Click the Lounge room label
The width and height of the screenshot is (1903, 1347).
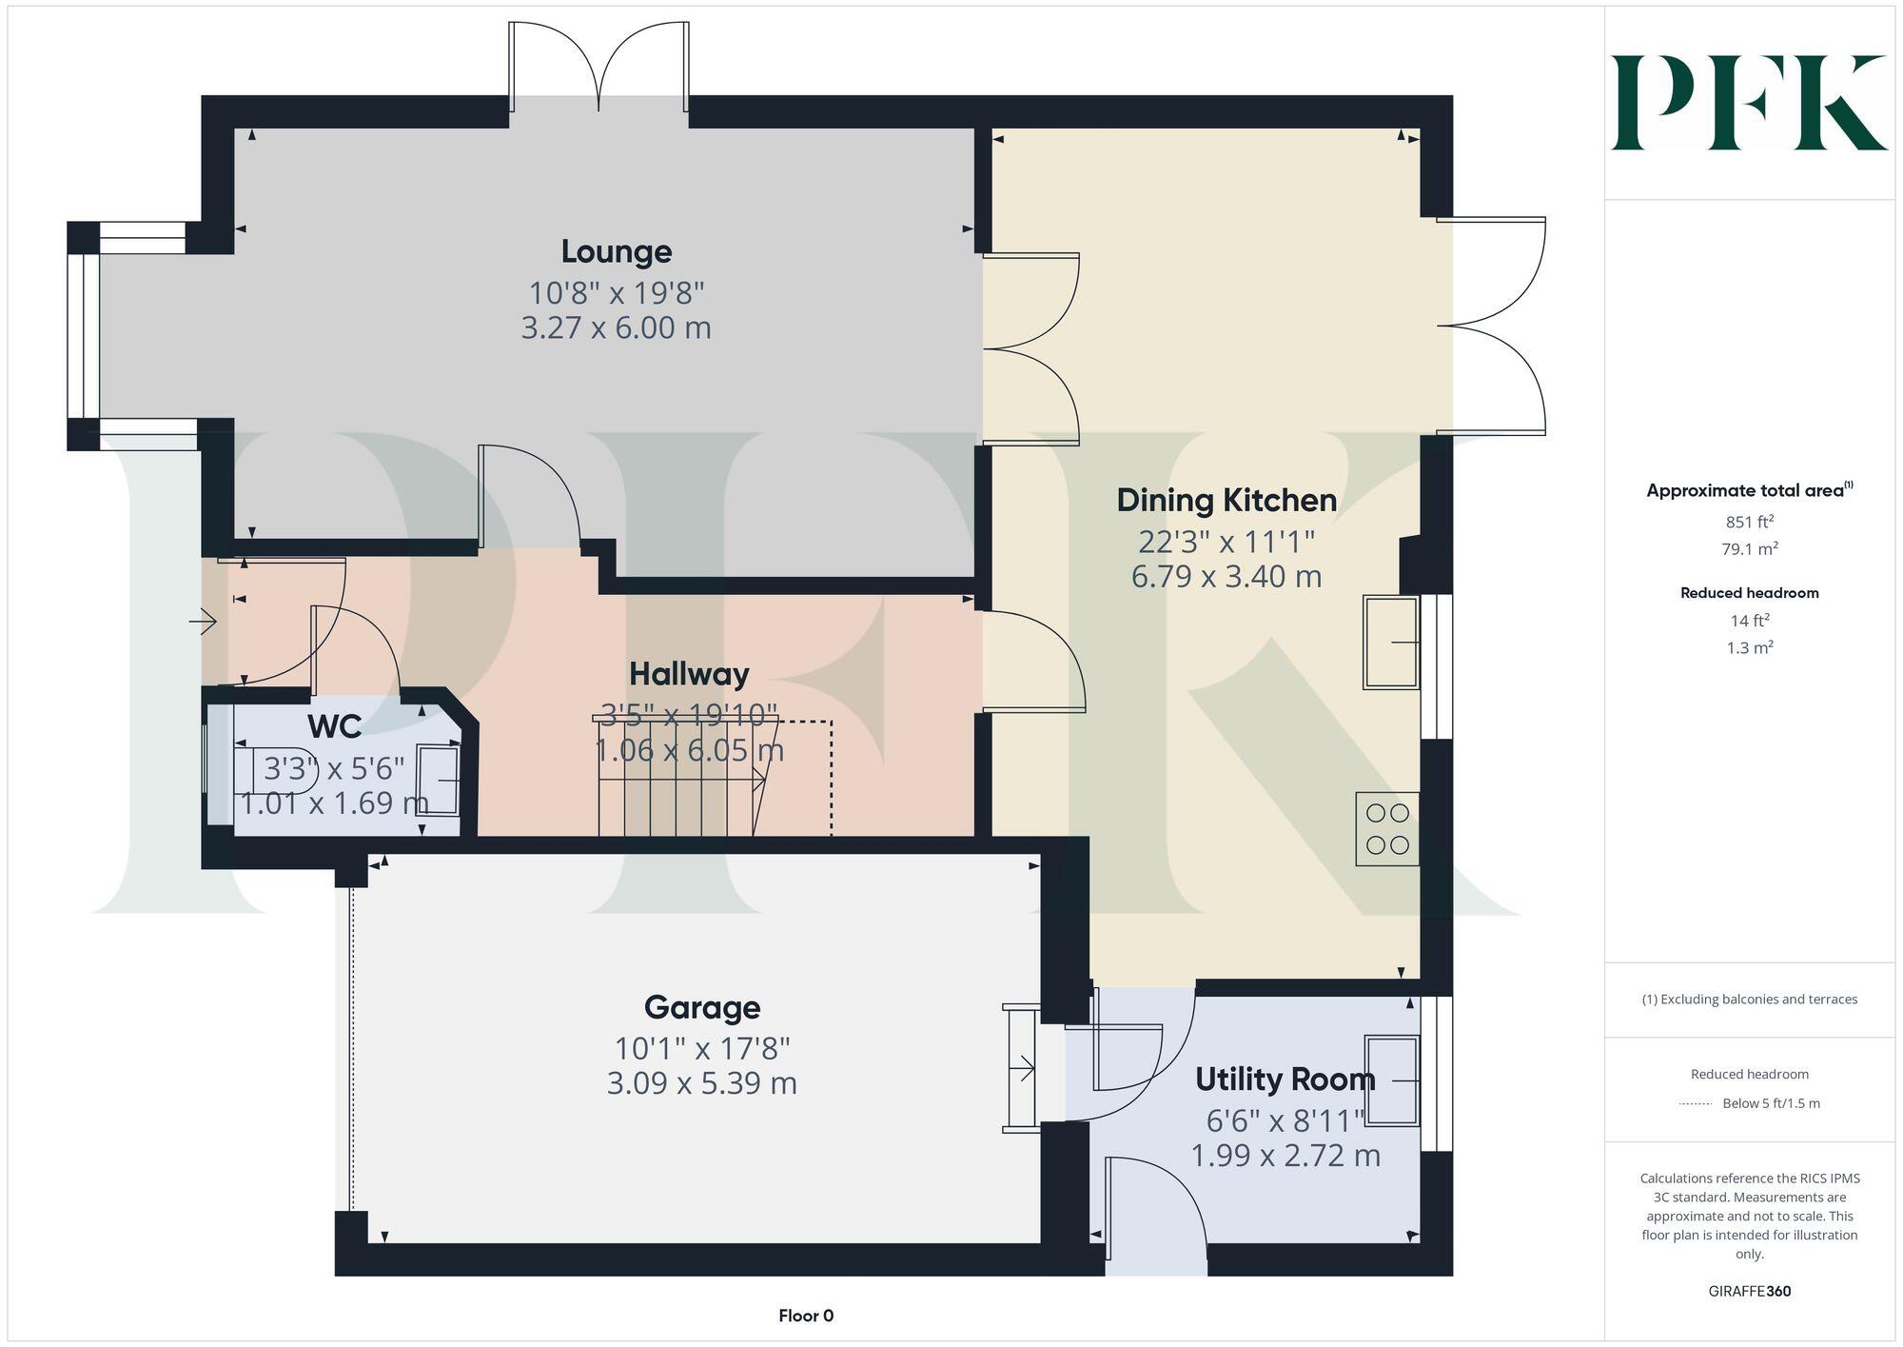[x=616, y=251]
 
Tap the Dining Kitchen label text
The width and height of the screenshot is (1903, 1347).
[x=1226, y=500]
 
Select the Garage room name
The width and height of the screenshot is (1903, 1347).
[x=702, y=1007]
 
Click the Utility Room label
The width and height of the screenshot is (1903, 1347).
[x=1285, y=1080]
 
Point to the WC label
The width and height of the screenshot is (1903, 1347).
[x=334, y=726]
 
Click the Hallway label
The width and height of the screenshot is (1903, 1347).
[x=689, y=674]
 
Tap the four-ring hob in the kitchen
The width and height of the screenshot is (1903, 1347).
[x=1387, y=829]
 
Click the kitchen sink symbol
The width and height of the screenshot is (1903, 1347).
[x=1391, y=642]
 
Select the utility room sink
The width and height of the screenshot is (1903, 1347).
[x=1392, y=1080]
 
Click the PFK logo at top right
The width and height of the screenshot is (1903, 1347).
[x=1748, y=103]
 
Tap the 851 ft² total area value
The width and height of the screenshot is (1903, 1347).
[x=1749, y=522]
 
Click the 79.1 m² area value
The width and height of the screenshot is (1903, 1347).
[x=1749, y=549]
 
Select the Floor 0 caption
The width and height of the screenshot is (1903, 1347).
[x=805, y=1316]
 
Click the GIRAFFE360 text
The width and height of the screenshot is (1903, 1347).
[x=1749, y=1292]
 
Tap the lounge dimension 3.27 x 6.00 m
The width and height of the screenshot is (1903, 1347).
[x=616, y=327]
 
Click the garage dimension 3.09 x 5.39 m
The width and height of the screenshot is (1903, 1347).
[x=702, y=1083]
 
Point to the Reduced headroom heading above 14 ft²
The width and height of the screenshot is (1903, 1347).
[x=1749, y=593]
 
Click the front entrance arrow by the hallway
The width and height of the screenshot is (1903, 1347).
[x=203, y=623]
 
